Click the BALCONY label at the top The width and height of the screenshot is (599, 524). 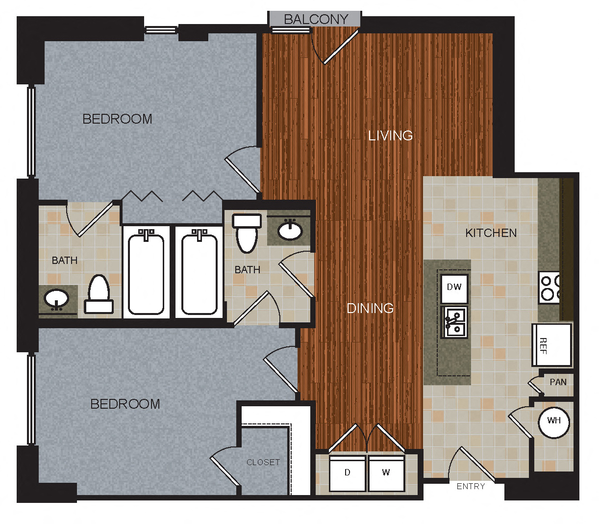[x=316, y=19]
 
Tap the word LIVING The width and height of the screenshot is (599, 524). [x=390, y=135]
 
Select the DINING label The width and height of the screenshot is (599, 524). [x=370, y=308]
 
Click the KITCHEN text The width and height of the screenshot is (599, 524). [x=491, y=233]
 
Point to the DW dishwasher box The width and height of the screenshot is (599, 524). [x=454, y=288]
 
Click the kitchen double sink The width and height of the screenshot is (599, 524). [x=454, y=323]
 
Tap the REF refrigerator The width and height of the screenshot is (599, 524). [x=551, y=345]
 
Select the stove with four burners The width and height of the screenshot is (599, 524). [x=549, y=288]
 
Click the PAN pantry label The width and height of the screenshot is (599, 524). [x=558, y=382]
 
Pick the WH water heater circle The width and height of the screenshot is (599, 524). [x=554, y=421]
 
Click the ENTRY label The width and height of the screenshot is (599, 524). [x=471, y=486]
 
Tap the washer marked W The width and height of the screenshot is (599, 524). [x=386, y=473]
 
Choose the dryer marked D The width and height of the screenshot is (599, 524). [x=348, y=473]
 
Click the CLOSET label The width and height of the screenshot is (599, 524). [x=263, y=462]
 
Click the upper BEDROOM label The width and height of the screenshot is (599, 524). [x=117, y=119]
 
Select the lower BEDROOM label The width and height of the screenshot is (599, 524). [x=125, y=404]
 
